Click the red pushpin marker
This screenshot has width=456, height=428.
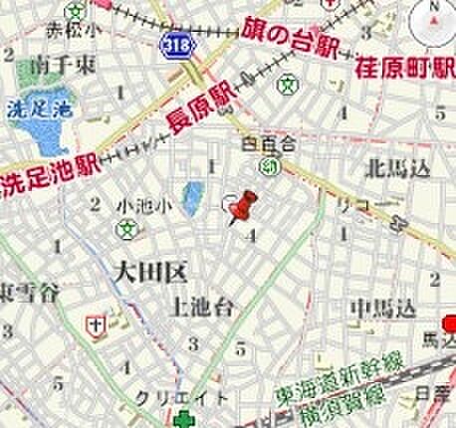[x=240, y=208]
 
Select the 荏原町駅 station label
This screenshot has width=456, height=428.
[x=404, y=71]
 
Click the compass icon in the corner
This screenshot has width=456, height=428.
[x=436, y=15]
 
